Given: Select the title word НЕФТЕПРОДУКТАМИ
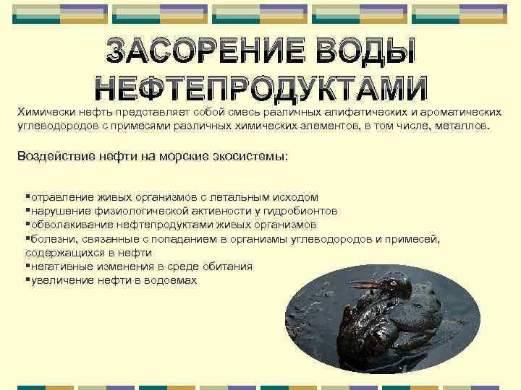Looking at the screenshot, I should coord(262,87).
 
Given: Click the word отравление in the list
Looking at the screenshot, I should coord(57,196).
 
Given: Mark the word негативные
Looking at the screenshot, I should coord(60,266).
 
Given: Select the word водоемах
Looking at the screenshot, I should coord(169,279).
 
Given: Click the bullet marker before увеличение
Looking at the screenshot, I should coord(27,279).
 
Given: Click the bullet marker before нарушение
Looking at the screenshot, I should coord(27,210).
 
